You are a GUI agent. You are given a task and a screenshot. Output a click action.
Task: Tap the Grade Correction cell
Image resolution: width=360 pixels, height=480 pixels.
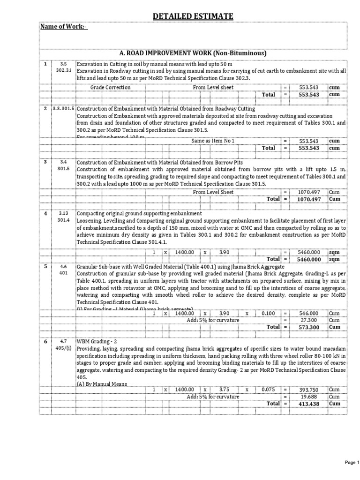tap(111, 88)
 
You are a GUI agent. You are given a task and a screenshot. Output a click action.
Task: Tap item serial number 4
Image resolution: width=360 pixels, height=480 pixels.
tap(46, 214)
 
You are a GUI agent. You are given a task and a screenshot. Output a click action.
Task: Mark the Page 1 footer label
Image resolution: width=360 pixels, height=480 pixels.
tap(351, 462)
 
